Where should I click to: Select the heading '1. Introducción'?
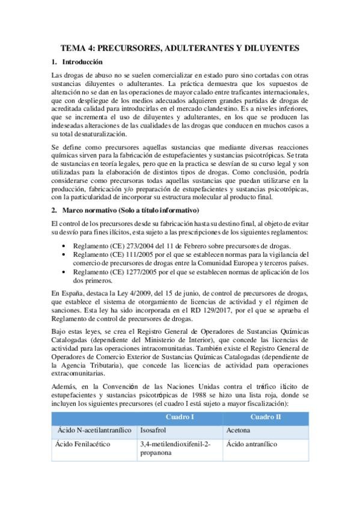pyautogui.click(x=82, y=62)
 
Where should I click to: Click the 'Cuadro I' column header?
pyautogui.click(x=179, y=417)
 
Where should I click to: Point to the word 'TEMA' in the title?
pyautogui.click(x=75, y=47)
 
